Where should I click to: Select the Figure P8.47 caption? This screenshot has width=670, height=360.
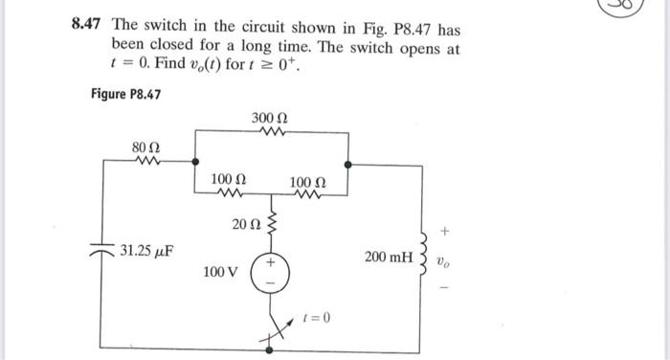[124, 94]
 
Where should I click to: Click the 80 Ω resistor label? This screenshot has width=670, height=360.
[145, 146]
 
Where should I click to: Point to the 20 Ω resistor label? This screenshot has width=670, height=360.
[245, 225]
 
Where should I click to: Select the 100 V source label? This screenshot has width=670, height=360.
[220, 272]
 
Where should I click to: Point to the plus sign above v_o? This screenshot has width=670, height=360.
[441, 231]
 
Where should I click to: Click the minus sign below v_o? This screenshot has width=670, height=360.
[441, 283]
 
